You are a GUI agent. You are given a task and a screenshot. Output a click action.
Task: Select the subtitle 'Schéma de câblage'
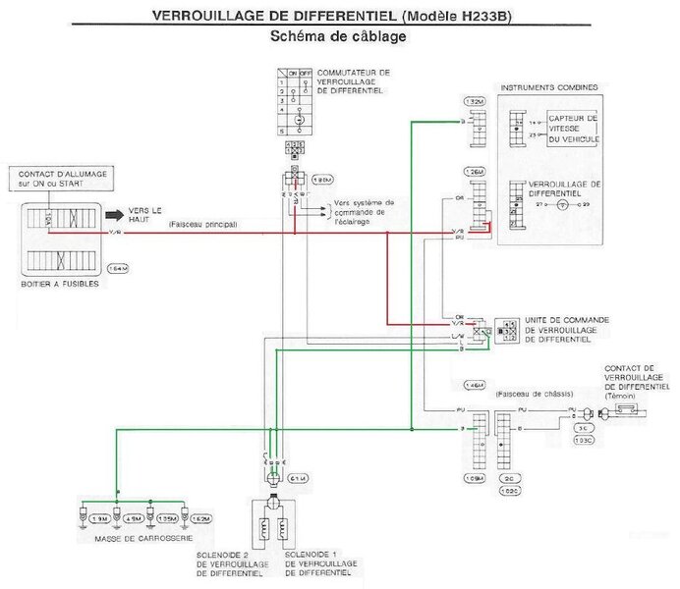pos(338,36)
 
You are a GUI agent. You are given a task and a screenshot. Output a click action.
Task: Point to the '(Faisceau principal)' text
pos(203,224)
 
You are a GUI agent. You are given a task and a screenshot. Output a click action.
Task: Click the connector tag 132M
pos(474,102)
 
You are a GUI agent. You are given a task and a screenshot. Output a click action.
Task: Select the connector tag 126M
pos(474,172)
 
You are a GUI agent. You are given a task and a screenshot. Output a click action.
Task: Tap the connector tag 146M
pos(474,385)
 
